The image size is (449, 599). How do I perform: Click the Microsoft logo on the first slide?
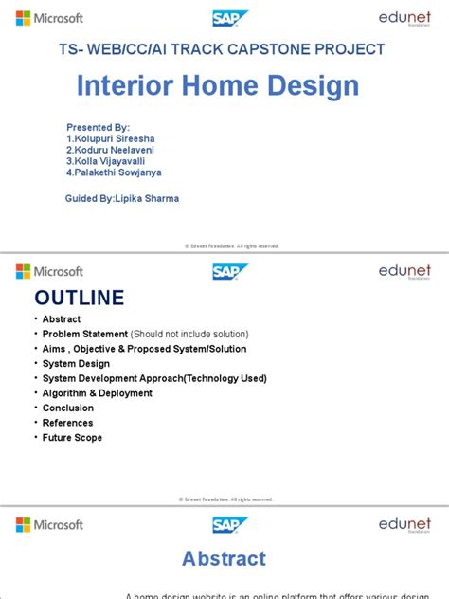(x=49, y=18)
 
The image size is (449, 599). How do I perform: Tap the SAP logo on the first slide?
(x=230, y=18)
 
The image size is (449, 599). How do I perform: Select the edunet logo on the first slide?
(x=404, y=18)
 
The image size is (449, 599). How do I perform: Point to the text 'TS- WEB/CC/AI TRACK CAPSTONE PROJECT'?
(x=224, y=49)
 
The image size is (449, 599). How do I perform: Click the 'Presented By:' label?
(x=98, y=126)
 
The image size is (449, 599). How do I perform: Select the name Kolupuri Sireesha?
(x=113, y=137)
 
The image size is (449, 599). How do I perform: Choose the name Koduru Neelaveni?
(x=112, y=149)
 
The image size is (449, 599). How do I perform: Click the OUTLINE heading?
(x=80, y=298)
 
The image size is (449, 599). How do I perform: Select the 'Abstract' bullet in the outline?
(x=62, y=319)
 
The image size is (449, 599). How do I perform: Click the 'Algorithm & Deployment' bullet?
(x=97, y=393)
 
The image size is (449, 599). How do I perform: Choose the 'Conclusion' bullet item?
(x=67, y=408)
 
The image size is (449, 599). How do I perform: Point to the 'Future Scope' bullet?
(x=72, y=438)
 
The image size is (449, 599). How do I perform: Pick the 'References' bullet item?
(x=67, y=423)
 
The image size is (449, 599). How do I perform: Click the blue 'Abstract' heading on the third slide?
(x=224, y=558)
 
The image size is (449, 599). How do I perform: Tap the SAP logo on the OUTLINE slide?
(x=230, y=271)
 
